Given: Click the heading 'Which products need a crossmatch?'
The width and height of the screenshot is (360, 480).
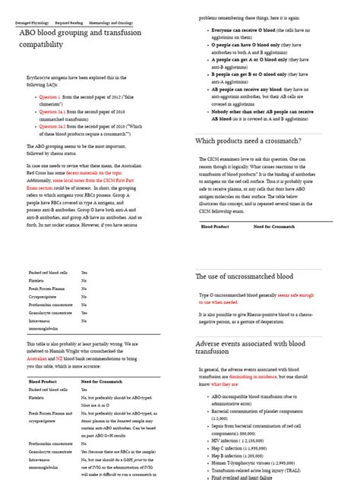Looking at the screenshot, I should click(x=258, y=141).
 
